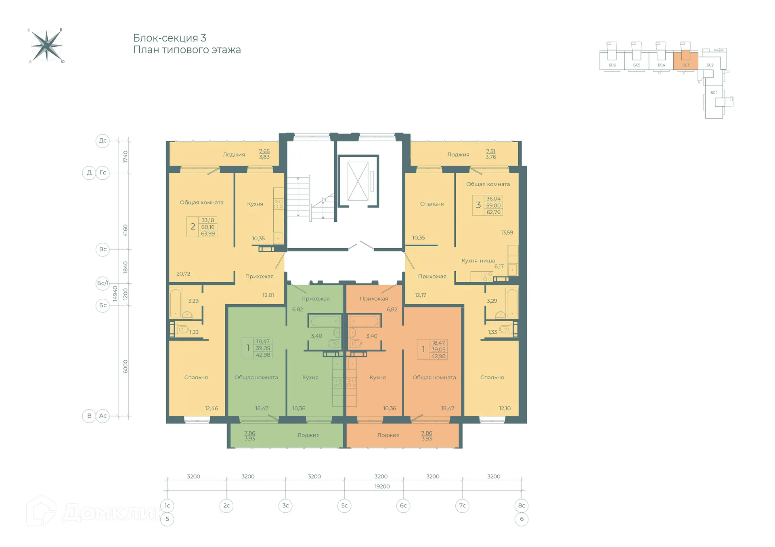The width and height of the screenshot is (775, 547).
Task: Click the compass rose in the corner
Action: point(47,46)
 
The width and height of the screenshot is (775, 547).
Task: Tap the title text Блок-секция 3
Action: point(170,38)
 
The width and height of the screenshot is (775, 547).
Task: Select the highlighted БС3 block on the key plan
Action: point(685,60)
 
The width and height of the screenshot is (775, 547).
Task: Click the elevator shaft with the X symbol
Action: point(358,181)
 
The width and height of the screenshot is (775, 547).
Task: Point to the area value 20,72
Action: point(183,274)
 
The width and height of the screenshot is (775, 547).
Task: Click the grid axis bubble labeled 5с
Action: point(344,505)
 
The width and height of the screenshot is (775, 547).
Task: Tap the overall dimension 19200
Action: point(382,487)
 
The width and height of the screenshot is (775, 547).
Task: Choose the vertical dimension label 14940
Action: point(115,293)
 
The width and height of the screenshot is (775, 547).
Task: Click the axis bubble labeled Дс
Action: point(103,141)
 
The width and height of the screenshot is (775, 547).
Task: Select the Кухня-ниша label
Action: point(478,261)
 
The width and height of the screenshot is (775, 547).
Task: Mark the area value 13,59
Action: point(507,233)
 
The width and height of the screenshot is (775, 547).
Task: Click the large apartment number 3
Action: point(478,205)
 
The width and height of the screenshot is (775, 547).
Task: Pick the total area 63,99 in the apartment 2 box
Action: point(208,234)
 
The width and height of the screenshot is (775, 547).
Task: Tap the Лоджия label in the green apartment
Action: point(308,435)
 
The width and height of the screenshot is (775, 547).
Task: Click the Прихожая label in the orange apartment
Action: point(374,299)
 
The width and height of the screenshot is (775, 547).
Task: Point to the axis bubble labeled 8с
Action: point(522,505)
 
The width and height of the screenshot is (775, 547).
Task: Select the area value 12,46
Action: point(211,408)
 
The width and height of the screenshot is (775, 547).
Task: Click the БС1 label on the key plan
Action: point(714,93)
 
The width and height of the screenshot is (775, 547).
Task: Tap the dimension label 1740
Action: point(125,157)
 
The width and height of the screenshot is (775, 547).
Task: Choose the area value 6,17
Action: point(499,266)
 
